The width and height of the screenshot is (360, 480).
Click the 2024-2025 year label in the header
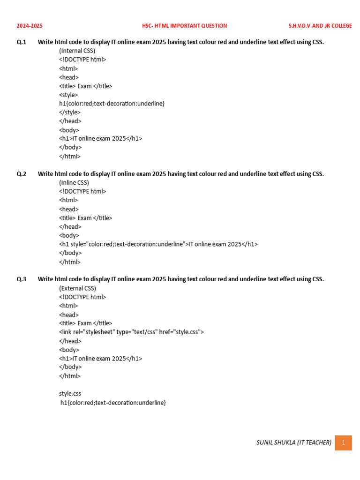point(30,26)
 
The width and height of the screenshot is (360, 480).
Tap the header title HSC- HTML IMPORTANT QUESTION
point(184,26)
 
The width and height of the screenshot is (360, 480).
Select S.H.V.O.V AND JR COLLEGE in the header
point(320,26)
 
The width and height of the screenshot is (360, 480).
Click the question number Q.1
point(22,42)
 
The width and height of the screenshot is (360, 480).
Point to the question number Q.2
point(22,174)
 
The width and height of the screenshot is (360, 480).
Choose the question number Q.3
point(22,279)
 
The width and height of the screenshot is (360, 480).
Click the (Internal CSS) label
point(77,51)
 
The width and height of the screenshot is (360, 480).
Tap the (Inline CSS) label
point(74,182)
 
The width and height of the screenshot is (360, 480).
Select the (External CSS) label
point(77,288)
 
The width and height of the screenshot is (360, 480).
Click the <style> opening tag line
point(68,95)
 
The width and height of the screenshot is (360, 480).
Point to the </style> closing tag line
point(70,112)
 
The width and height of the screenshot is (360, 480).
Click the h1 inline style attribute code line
point(158,244)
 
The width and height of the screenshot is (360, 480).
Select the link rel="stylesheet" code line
point(131,332)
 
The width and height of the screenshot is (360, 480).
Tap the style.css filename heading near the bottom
point(70,394)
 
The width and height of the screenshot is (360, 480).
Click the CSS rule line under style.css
point(113,403)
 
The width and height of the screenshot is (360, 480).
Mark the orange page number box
point(343,442)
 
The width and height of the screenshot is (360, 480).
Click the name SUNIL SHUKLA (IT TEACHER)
point(294,442)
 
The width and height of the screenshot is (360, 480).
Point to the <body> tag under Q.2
point(69,235)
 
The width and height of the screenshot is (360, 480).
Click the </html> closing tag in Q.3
point(70,376)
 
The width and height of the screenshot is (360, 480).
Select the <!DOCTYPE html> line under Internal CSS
point(82,60)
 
